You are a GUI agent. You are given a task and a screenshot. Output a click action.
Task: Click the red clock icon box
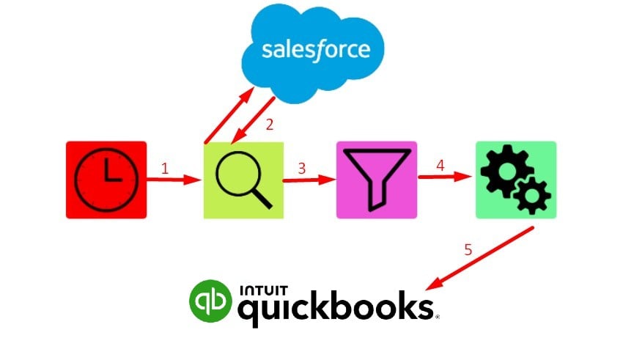106,180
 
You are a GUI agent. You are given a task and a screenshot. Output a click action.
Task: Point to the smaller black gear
532,196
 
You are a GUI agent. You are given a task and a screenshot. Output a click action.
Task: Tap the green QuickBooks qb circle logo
210,301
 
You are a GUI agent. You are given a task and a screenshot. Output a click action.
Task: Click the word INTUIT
263,290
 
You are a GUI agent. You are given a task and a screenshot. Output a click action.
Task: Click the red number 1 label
165,169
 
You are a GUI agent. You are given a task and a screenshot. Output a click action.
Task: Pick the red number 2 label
270,125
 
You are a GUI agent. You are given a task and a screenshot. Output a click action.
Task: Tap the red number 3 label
302,169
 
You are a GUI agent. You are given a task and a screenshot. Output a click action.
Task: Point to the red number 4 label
440,166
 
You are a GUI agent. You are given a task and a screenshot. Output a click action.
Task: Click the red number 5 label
468,250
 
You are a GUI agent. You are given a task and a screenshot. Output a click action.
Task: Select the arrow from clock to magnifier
174,180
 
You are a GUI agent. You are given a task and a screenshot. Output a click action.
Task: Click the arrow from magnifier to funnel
309,180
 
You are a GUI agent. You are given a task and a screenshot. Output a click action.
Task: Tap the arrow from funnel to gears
445,177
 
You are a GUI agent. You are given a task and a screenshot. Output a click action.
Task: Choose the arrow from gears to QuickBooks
479,258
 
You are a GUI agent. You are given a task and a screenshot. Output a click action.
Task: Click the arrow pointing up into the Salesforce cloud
229,115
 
